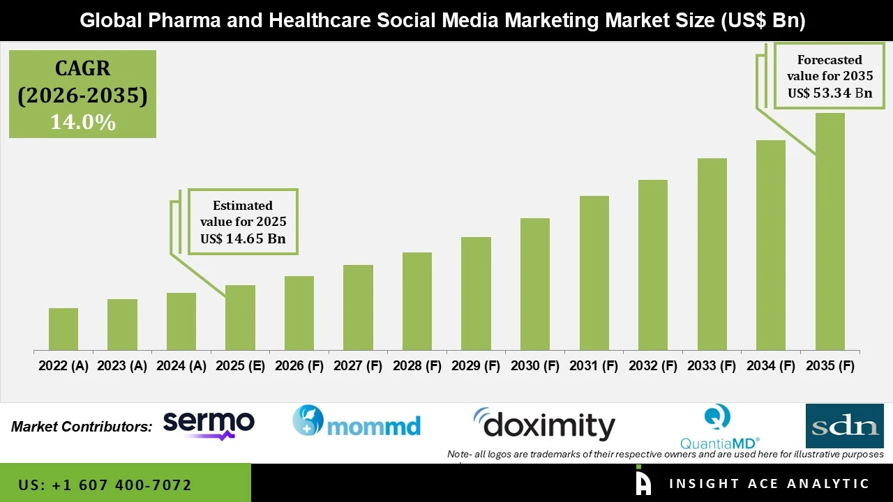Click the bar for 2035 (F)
click(x=830, y=231)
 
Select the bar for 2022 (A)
click(x=63, y=329)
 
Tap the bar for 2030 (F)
click(x=535, y=284)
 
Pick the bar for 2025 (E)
click(x=240, y=317)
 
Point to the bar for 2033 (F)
click(x=712, y=254)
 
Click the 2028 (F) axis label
click(x=417, y=366)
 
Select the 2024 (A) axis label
click(x=181, y=366)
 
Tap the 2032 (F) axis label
click(x=653, y=366)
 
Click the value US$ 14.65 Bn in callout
click(x=243, y=239)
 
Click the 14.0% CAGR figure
click(x=82, y=123)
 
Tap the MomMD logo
click(x=357, y=422)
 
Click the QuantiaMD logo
click(x=719, y=427)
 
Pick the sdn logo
click(x=844, y=426)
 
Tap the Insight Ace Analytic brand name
click(x=769, y=484)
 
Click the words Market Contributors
click(x=82, y=427)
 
